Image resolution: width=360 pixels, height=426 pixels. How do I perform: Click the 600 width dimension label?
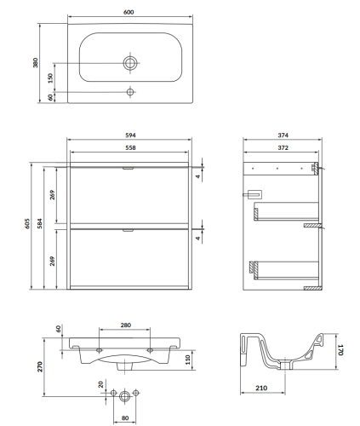tap(129, 12)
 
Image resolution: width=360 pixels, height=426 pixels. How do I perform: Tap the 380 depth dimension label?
tap(35, 63)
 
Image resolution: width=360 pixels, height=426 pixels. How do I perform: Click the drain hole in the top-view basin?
tap(130, 63)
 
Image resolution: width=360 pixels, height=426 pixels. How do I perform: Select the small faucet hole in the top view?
tap(130, 92)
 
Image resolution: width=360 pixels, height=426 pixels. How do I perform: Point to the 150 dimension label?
tap(50, 78)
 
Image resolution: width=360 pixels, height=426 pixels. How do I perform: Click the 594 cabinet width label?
tap(130, 135)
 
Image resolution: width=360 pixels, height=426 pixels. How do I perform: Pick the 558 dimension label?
tap(130, 147)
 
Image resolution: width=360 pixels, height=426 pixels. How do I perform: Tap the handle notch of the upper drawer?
tap(128, 169)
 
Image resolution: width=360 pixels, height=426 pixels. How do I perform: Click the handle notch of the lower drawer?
tap(128, 230)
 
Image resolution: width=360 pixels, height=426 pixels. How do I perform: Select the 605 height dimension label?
tap(27, 223)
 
